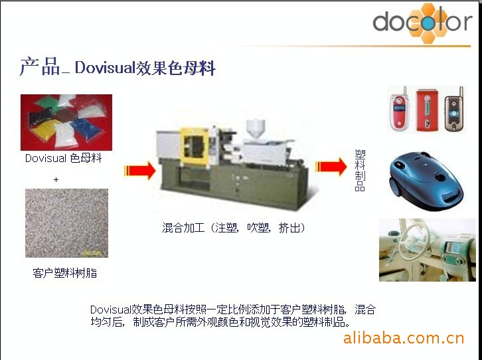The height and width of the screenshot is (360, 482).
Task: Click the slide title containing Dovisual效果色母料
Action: click(x=118, y=66)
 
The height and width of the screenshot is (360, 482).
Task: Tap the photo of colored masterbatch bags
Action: click(x=66, y=122)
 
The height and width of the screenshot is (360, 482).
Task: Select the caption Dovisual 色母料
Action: click(x=63, y=158)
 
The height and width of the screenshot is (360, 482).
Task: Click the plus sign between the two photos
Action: click(x=56, y=179)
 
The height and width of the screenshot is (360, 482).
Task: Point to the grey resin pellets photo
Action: click(x=66, y=223)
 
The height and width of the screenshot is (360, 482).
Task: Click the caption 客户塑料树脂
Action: click(x=65, y=273)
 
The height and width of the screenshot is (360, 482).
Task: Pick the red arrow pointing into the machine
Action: click(x=140, y=170)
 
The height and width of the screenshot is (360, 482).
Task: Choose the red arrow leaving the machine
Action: click(x=331, y=167)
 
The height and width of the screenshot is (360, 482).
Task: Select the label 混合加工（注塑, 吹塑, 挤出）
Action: click(x=234, y=228)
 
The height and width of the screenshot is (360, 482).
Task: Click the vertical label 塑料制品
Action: click(x=360, y=170)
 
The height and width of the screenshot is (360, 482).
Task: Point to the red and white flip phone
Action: click(x=399, y=109)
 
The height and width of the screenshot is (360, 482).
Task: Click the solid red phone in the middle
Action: click(x=428, y=110)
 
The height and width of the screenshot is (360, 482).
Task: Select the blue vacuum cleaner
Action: click(x=426, y=181)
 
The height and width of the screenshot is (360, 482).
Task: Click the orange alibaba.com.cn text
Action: click(x=403, y=338)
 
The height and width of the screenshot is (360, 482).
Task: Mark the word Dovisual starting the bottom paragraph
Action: click(x=110, y=310)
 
